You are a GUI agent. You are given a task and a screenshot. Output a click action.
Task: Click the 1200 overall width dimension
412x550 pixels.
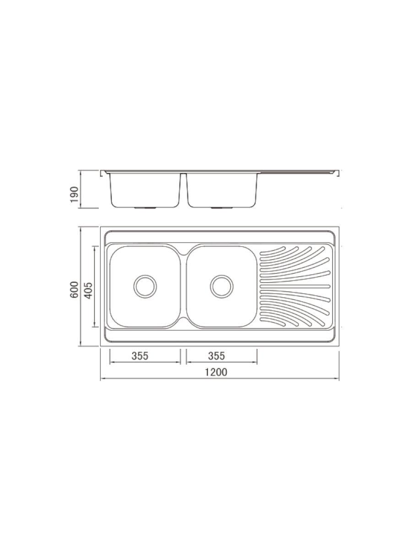[x=216, y=372]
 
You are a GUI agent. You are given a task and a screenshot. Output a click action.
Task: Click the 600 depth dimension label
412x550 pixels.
[x=75, y=289]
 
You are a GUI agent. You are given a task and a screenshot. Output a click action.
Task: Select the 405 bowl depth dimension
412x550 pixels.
[x=89, y=289]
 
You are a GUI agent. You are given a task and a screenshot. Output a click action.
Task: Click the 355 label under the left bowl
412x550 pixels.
[x=140, y=356]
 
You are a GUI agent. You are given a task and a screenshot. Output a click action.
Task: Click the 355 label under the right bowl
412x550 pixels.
[x=217, y=356]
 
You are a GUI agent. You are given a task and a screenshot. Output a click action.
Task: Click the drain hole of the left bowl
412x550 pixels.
[x=145, y=286]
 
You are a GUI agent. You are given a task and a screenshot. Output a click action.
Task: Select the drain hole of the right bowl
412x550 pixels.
[x=222, y=286]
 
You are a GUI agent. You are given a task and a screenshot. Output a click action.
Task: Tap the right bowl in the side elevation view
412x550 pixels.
[x=222, y=190]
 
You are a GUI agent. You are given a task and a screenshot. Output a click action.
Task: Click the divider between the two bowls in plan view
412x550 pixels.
[x=184, y=286]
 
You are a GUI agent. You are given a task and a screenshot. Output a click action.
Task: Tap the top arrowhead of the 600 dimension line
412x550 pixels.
[x=81, y=229]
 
